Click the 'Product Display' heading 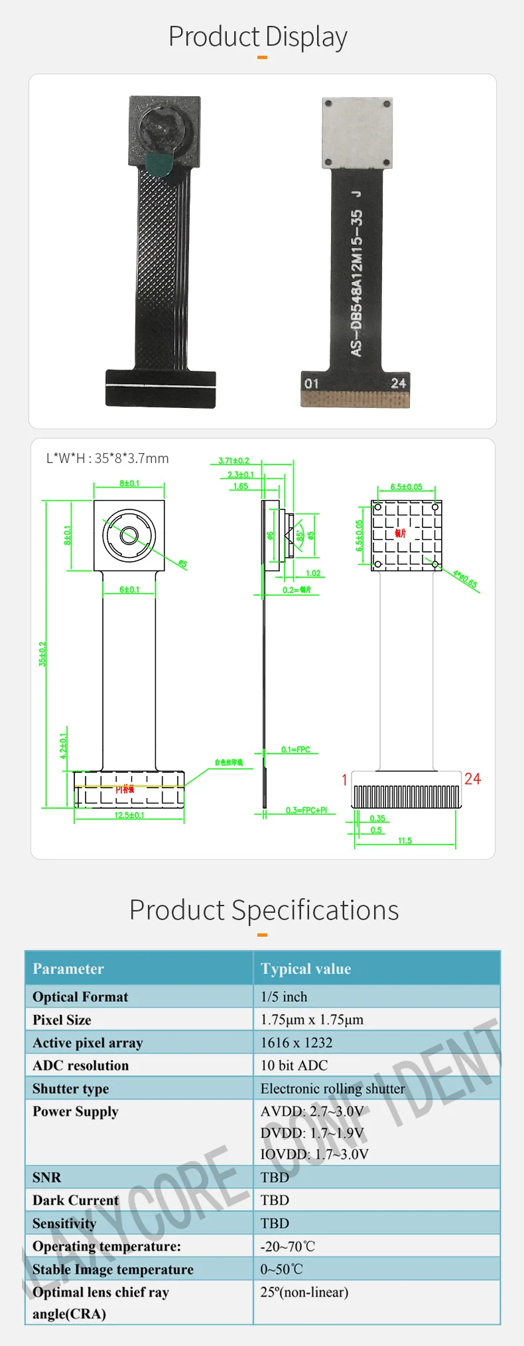pos(258,37)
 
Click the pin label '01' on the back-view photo pos(311,383)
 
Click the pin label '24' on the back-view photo pos(398,383)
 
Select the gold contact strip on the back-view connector pos(356,399)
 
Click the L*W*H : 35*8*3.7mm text pos(107,458)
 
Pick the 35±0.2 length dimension pos(43,653)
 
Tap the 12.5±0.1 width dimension pos(129,815)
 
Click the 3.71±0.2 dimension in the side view pos(233,460)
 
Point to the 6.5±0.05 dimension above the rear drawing pos(406,487)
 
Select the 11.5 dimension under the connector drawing pos(405,841)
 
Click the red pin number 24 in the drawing pos(472,779)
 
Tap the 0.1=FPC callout pos(295,750)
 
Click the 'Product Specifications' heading pos(264,910)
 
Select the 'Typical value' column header pos(306,969)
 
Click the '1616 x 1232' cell pos(296,1043)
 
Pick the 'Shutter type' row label pos(71,1089)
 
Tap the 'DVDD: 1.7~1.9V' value pos(312,1133)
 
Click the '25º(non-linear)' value pos(304,1292)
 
